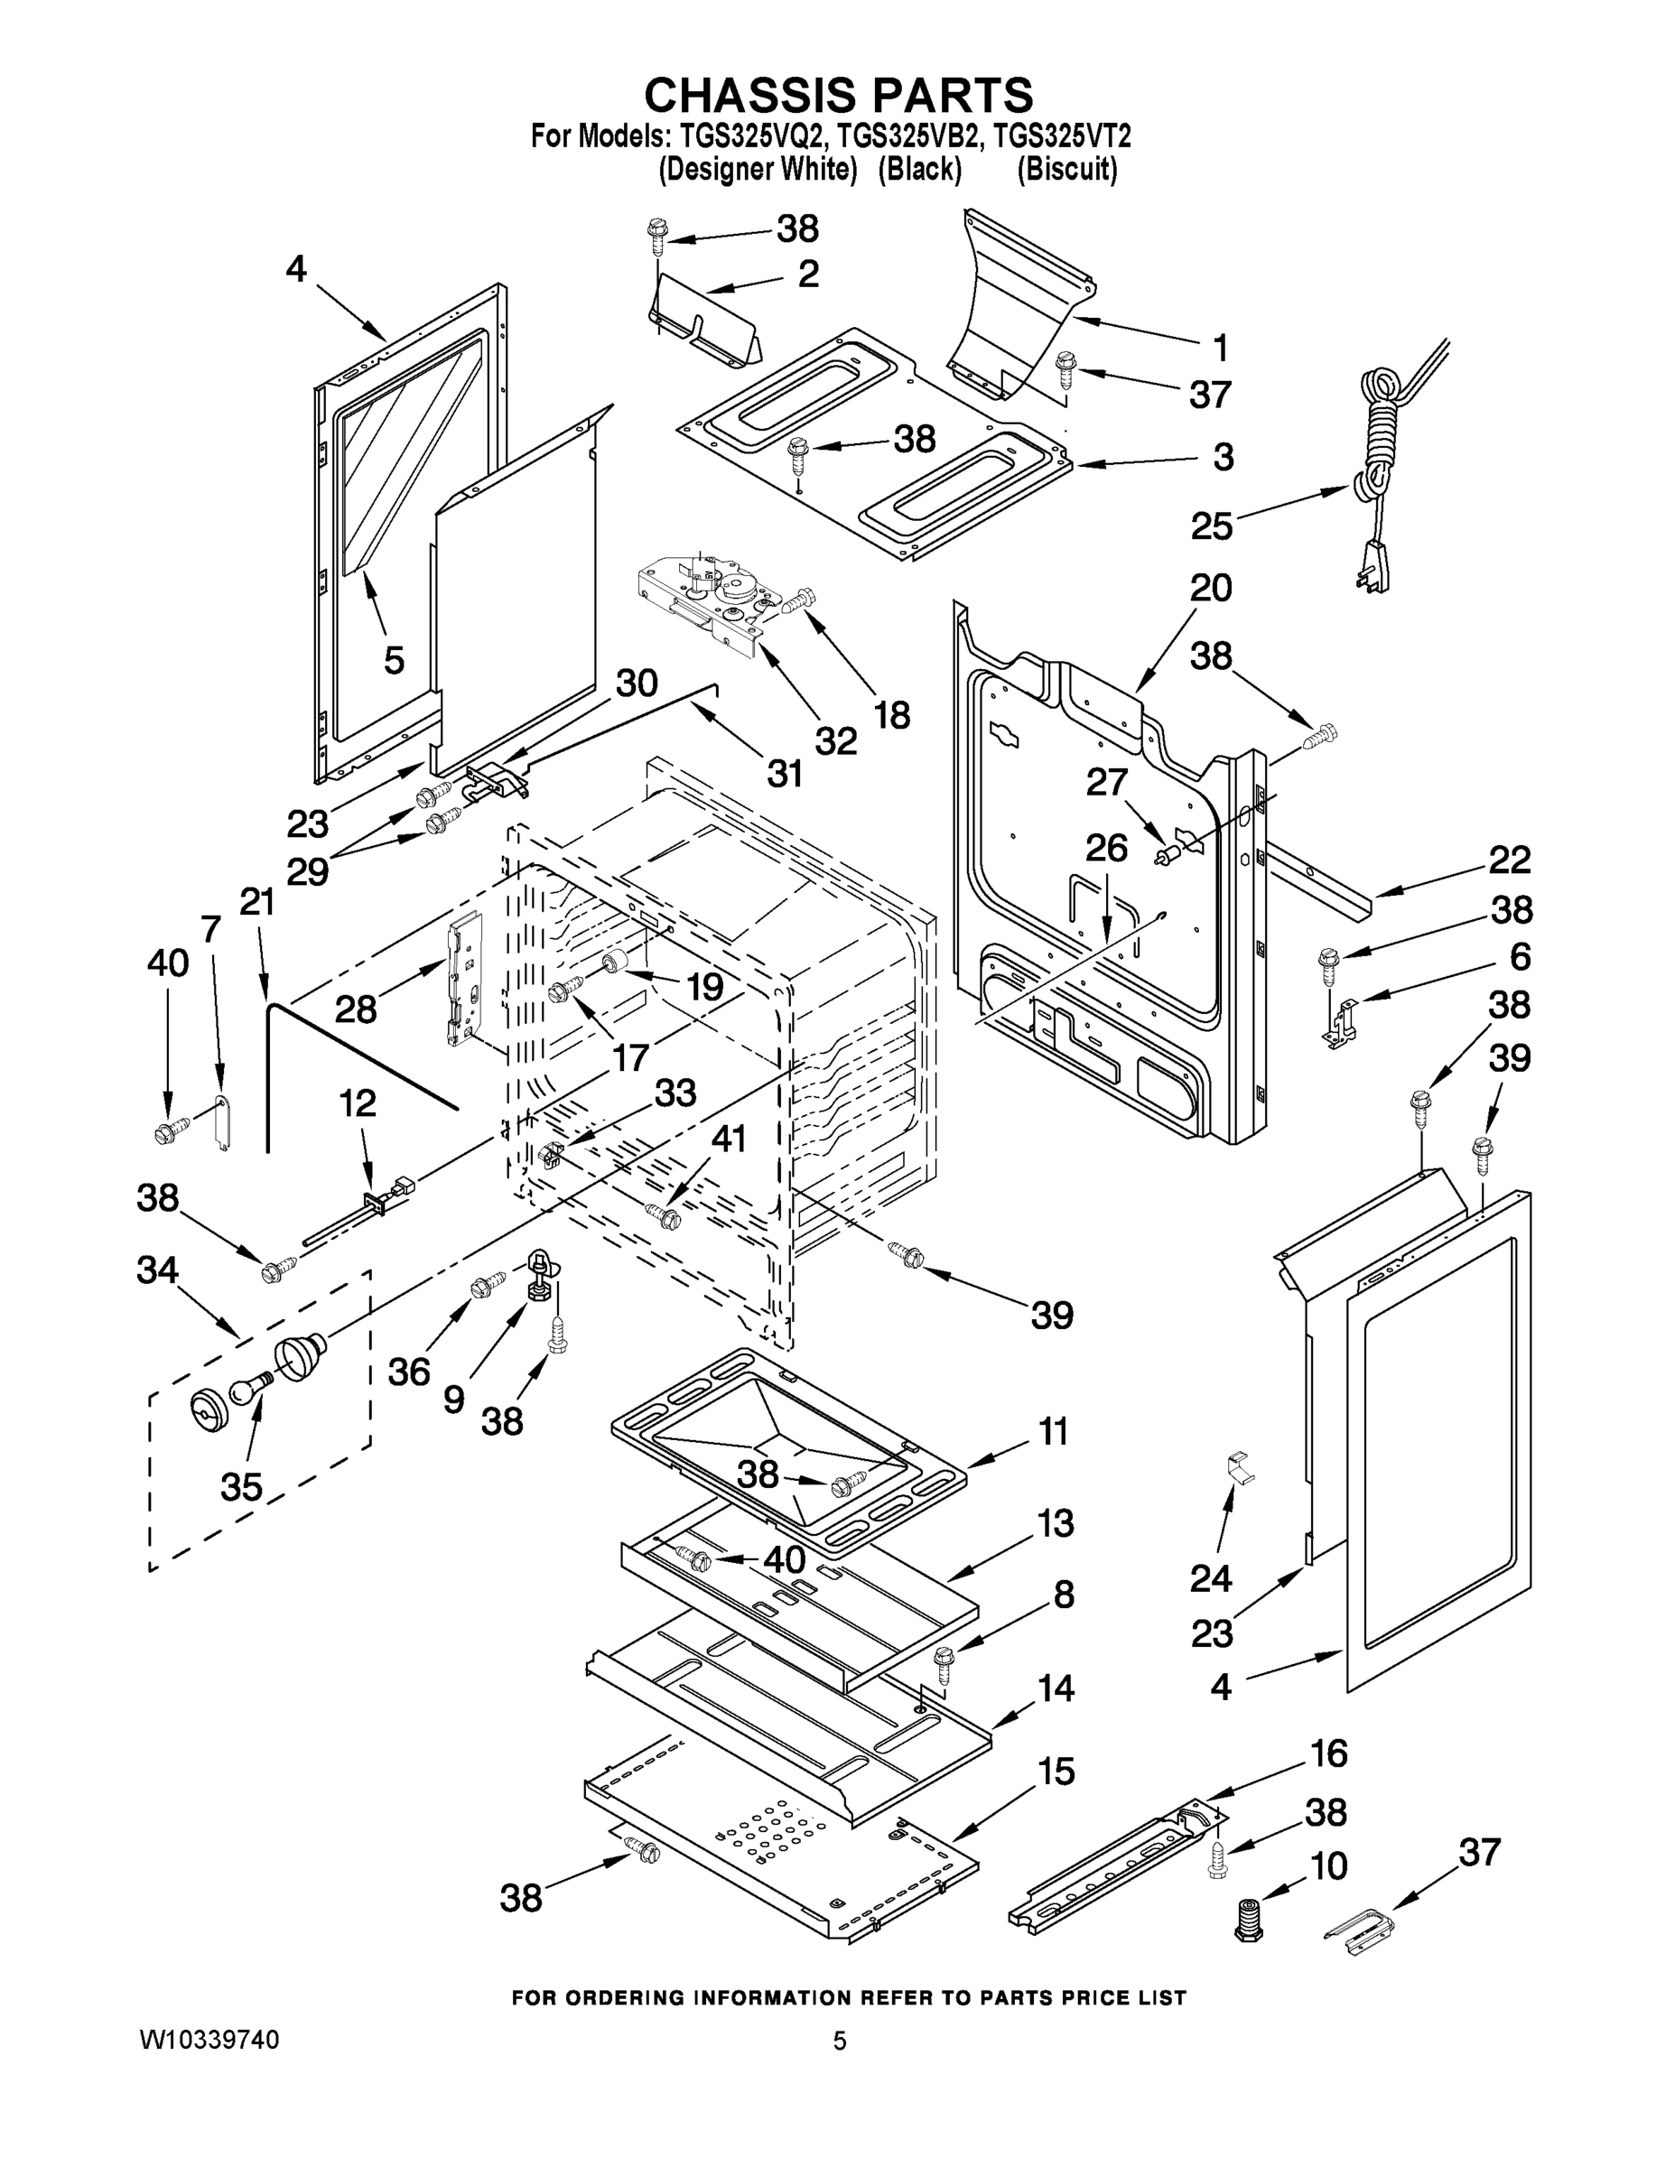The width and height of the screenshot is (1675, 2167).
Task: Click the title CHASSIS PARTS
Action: [839, 95]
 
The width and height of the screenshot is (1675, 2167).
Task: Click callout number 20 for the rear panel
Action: [1211, 589]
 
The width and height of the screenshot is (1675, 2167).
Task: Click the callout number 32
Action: [835, 739]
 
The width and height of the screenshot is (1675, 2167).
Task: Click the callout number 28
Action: [355, 1009]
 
